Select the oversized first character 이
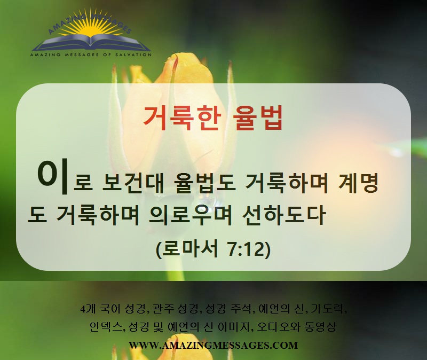[x=52, y=177]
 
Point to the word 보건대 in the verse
[x=132, y=183]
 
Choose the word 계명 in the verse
[x=358, y=183]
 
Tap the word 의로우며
[x=191, y=215]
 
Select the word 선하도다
[x=284, y=215]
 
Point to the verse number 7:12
[x=246, y=249]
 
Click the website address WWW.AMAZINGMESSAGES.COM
[x=213, y=345]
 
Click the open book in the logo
[x=91, y=43]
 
